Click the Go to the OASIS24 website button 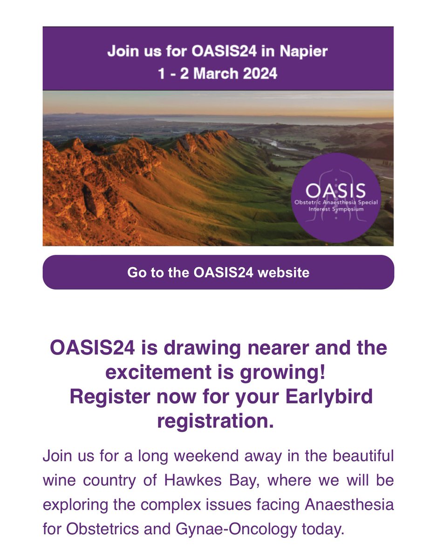click(x=218, y=272)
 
